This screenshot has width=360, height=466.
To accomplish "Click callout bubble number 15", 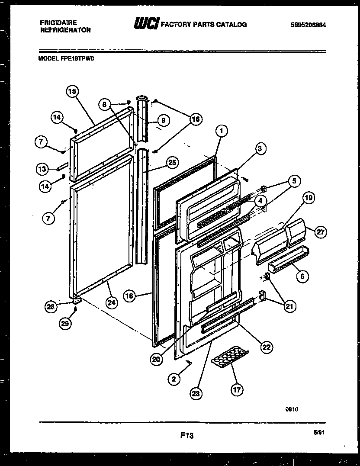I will [x=72, y=91].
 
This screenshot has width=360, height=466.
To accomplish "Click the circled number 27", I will [x=320, y=232].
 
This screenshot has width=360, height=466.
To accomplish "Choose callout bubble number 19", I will [x=308, y=199].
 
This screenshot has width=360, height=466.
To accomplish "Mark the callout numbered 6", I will [x=302, y=275].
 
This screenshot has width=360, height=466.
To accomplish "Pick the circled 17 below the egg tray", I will [x=238, y=390].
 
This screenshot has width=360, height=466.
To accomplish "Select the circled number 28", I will [x=51, y=307].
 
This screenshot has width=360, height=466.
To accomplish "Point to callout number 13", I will [x=41, y=168].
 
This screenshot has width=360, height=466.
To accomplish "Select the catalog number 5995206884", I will [x=309, y=25].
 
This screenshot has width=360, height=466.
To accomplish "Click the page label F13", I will [x=187, y=436].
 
